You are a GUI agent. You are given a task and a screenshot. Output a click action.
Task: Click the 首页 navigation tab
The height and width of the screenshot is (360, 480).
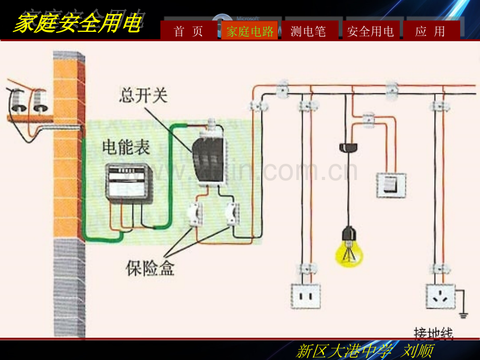[x=188, y=31]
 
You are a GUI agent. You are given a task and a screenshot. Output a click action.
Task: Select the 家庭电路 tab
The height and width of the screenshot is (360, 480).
[x=250, y=31]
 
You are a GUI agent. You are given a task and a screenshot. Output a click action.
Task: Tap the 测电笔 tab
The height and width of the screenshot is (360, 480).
[x=308, y=31]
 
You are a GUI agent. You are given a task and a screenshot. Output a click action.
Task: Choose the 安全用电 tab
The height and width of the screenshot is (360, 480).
[x=370, y=31]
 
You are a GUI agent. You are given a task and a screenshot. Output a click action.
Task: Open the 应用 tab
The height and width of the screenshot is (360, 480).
[x=430, y=31]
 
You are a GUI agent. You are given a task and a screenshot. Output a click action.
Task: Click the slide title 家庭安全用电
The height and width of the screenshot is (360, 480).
[x=77, y=23]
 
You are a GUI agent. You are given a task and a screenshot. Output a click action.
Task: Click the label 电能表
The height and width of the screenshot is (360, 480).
[x=126, y=147]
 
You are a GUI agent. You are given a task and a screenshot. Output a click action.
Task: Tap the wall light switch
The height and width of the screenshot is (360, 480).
[x=391, y=185]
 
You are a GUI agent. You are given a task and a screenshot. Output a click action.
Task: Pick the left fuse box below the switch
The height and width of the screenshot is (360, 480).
[x=195, y=214]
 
